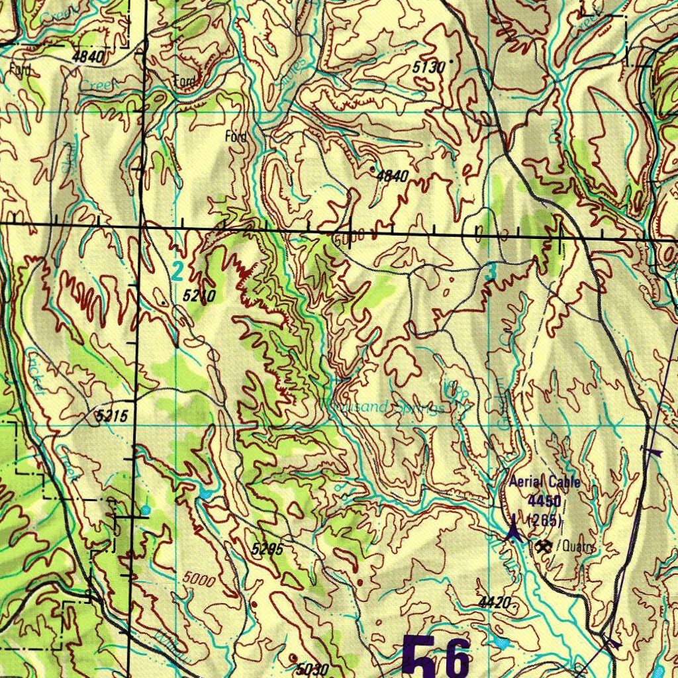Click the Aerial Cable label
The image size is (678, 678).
[544, 482]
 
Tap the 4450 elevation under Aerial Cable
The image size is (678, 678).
[545, 501]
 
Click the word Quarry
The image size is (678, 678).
[576, 547]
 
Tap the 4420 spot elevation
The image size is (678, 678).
[494, 603]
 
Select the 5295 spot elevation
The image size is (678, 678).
[267, 549]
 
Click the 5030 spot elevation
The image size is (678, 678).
[312, 669]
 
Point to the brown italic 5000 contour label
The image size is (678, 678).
[199, 580]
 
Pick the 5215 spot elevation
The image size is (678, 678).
[111, 416]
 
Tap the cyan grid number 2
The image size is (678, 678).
[177, 270]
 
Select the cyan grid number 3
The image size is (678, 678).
[490, 272]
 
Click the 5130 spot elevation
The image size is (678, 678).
[428, 67]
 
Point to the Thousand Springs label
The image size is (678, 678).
[384, 407]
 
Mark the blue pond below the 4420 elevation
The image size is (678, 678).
[501, 642]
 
